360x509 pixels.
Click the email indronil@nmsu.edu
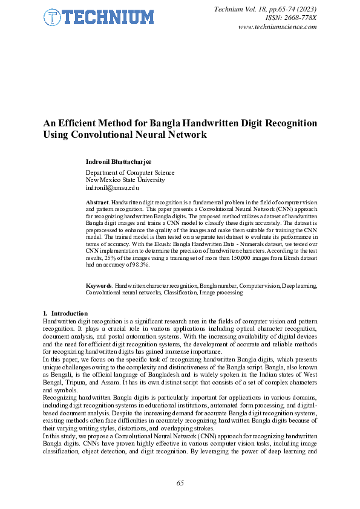113,188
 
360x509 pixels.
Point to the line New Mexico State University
125,180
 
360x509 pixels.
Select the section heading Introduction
70,313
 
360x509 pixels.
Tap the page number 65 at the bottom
180,482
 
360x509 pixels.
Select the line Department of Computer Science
130,172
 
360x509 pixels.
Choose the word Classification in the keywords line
180,292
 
